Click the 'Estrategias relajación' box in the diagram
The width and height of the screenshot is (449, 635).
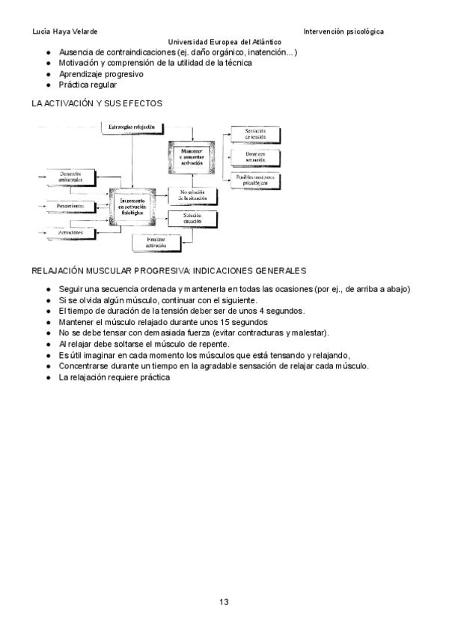pos(132,128)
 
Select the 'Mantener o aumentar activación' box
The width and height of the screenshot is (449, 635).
pos(192,157)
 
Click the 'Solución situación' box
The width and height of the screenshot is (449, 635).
pos(192,218)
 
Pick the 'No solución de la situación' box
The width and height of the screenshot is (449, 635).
pos(192,195)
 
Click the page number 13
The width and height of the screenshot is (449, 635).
pos(224,601)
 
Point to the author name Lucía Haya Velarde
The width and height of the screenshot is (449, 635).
pos(65,31)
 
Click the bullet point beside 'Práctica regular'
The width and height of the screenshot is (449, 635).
pos(48,85)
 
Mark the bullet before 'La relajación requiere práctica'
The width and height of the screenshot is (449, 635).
pos(48,377)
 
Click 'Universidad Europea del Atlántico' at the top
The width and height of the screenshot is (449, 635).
pos(224,42)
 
